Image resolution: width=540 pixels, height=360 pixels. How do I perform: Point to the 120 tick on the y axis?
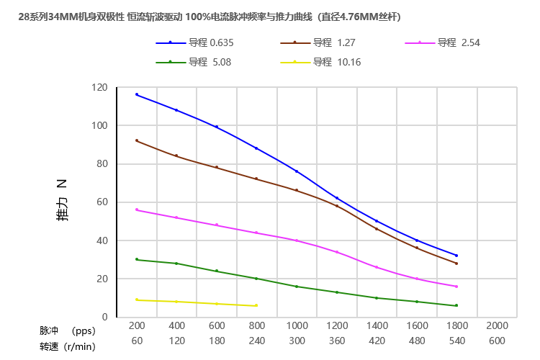point(99,88)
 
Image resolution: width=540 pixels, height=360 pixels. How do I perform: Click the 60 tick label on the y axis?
point(102,202)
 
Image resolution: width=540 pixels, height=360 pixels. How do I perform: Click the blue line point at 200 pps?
point(137,94)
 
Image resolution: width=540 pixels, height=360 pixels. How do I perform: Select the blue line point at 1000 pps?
point(297,171)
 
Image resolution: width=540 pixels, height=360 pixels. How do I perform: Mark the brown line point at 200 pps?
point(137,140)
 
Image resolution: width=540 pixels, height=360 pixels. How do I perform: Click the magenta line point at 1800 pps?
point(456,287)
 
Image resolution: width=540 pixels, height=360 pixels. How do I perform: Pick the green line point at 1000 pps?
point(297,287)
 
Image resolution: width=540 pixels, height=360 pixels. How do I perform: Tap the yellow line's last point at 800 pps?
point(256,305)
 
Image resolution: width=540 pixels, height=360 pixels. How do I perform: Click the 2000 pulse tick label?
point(497,326)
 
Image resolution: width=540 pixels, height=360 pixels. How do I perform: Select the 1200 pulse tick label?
point(336,326)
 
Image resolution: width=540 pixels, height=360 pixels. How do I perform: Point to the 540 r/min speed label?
point(456,342)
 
